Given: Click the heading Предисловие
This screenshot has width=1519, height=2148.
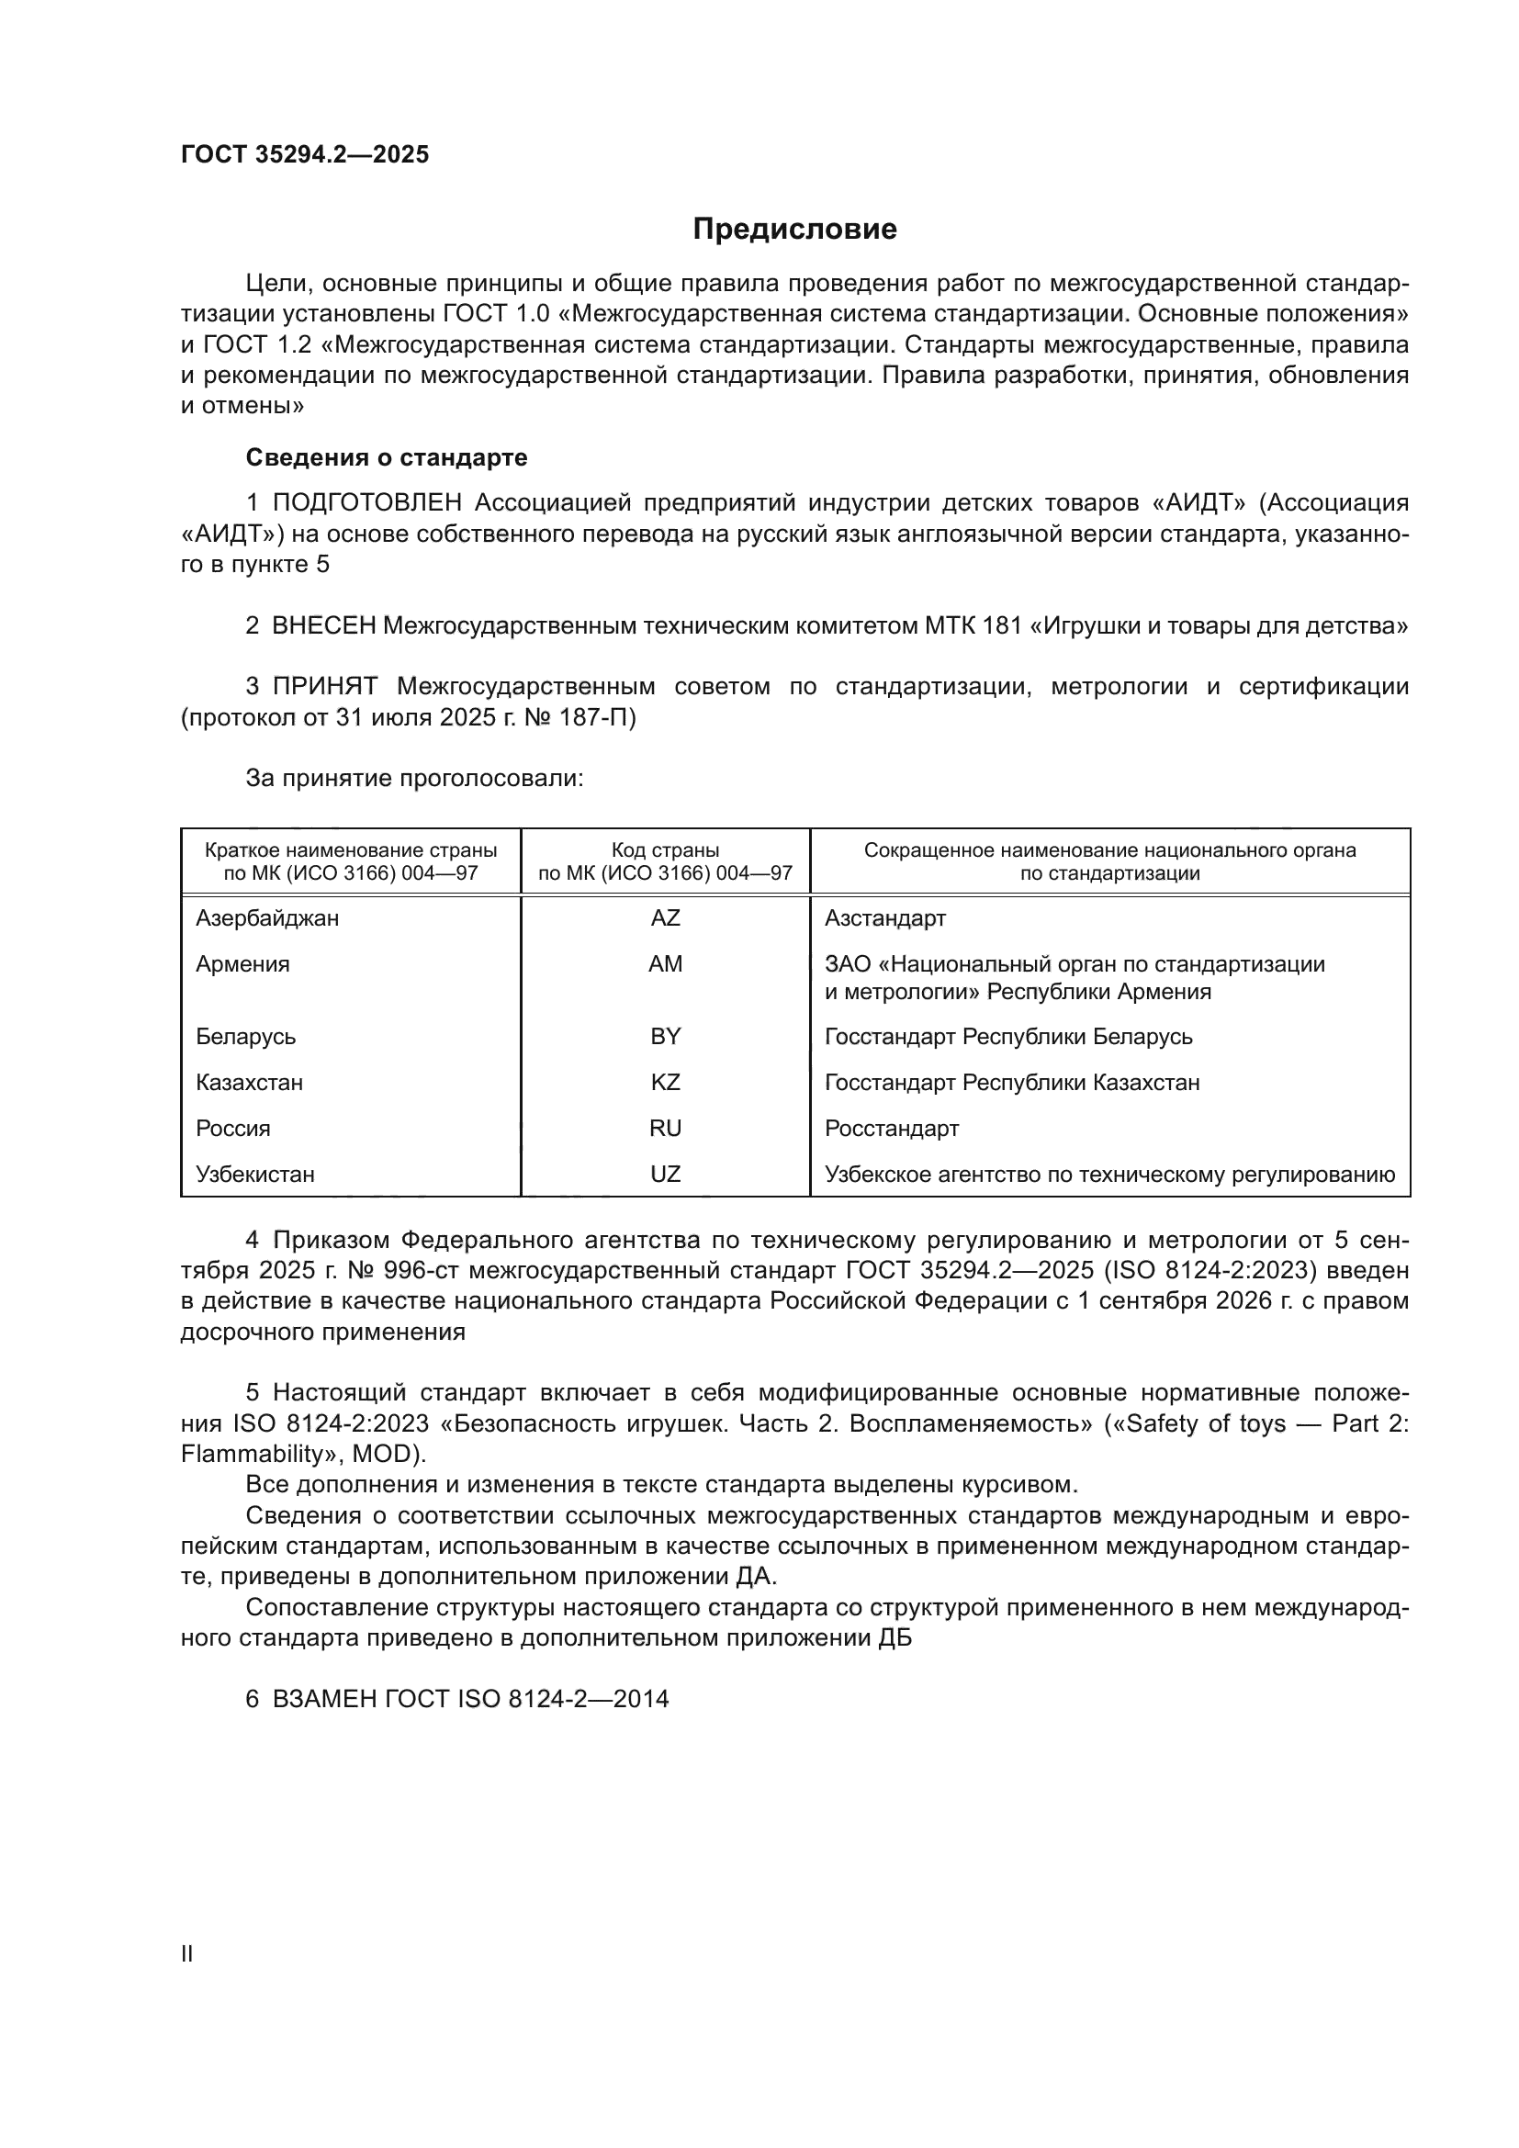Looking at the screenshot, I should tap(794, 230).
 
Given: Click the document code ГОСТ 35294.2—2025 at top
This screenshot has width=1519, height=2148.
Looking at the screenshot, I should tap(305, 154).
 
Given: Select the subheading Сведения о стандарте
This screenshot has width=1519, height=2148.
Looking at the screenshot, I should tap(387, 457).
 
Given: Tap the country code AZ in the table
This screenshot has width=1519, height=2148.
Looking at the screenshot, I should tap(665, 917).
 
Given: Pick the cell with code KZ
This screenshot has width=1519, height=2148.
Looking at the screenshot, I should tap(665, 1083).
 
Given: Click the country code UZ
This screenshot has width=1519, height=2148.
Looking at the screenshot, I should tap(665, 1175).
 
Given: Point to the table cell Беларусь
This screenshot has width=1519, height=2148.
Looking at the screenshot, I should tap(246, 1037).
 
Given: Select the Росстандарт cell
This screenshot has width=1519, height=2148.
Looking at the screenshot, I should tap(892, 1129).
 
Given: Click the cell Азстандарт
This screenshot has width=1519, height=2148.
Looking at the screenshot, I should tap(884, 917).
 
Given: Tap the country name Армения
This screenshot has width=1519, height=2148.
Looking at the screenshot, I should tap(242, 963).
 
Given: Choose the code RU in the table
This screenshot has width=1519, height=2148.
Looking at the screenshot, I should tap(665, 1129).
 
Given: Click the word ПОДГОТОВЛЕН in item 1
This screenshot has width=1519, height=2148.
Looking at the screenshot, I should tap(366, 503).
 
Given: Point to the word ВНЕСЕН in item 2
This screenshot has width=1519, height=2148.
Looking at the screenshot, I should tap(323, 626).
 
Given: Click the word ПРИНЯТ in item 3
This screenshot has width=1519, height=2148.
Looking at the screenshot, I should tap(324, 687).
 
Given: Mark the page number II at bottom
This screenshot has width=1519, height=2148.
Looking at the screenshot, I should tap(187, 1954).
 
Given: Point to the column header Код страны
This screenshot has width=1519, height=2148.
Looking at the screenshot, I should tap(665, 850).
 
